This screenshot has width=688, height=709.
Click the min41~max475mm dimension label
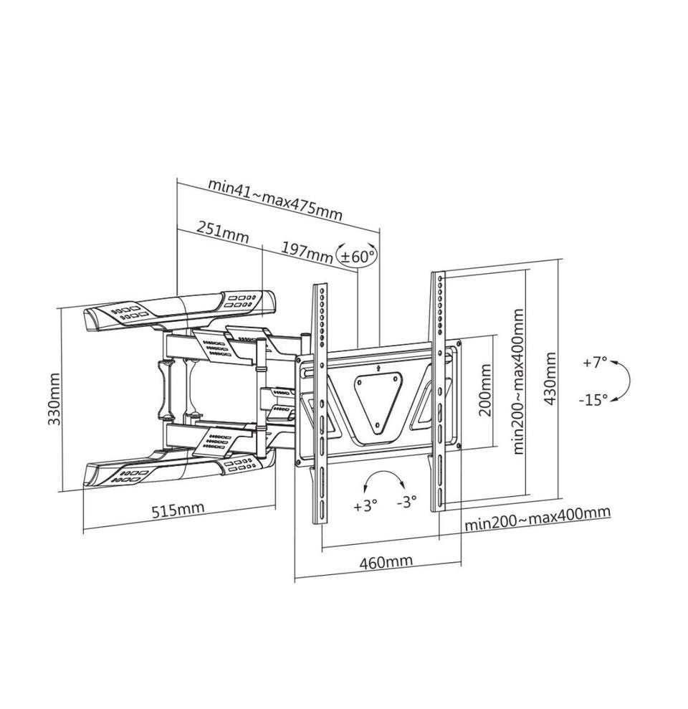pos(274,199)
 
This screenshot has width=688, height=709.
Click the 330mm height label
pos(54,399)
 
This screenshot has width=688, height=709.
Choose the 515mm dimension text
pos(177,510)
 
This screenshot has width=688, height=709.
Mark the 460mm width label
pos(386,561)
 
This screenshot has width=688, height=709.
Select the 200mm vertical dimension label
pos(485,391)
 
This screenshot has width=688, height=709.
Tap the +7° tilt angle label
pos(594,363)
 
